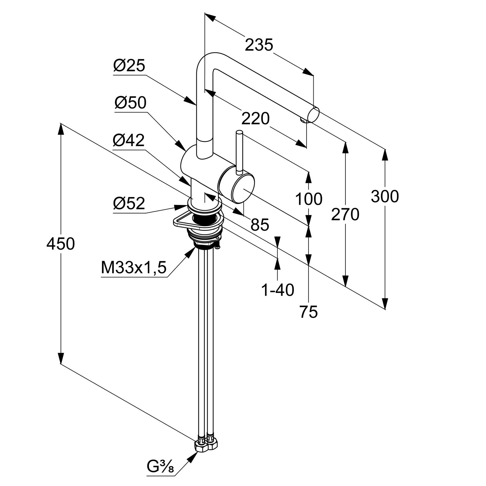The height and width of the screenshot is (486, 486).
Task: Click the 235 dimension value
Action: [259, 45]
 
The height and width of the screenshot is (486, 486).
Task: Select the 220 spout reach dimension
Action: [255, 119]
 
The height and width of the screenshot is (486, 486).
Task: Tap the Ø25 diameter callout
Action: [129, 66]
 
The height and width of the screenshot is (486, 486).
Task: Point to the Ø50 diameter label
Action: [130, 103]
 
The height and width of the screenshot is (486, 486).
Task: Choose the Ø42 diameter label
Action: [129, 141]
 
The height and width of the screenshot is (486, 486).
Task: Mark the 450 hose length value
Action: [61, 244]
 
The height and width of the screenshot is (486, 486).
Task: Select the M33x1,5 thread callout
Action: [133, 268]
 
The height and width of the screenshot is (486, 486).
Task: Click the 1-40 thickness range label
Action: [278, 290]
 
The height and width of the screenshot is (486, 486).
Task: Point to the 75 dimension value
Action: [308, 312]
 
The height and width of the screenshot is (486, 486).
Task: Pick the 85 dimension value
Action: [260, 225]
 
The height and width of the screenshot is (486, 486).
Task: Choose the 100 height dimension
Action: [308, 199]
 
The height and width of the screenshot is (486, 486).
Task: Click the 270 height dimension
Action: [345, 214]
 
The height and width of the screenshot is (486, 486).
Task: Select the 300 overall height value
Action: [385, 196]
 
